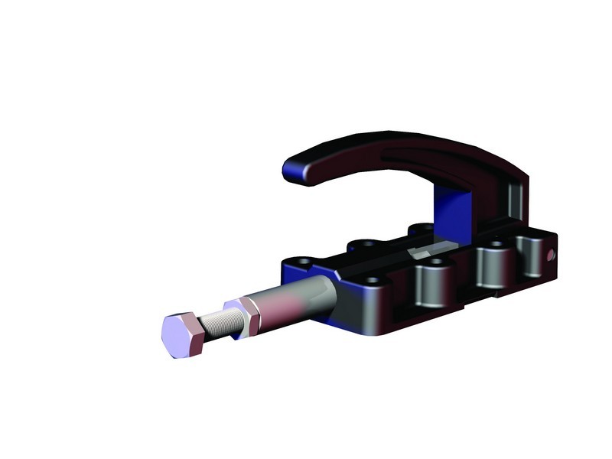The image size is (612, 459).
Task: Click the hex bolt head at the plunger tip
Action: coord(183,335)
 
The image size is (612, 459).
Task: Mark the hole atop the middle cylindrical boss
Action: coord(494,246)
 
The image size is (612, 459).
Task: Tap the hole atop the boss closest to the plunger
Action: coord(437,262)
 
